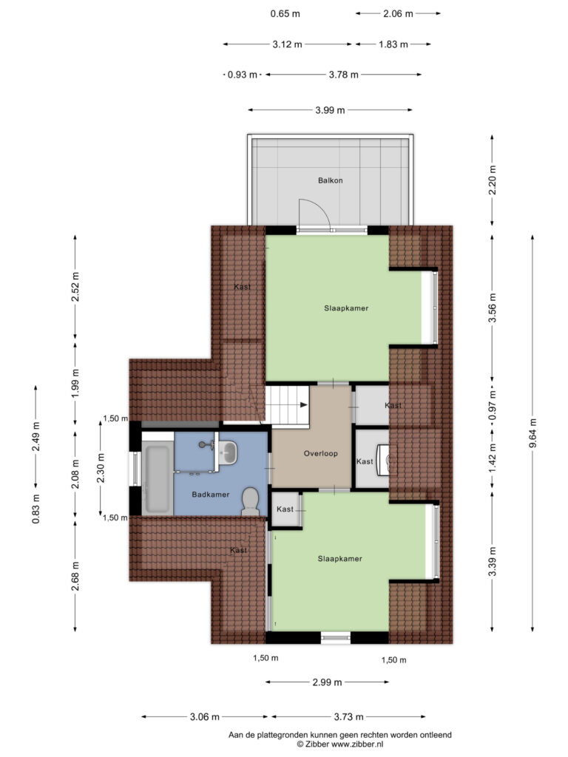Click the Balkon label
tap(331, 180)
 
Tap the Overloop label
tap(321, 453)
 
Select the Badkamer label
tap(211, 495)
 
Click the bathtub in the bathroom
tap(157, 478)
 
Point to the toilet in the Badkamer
tap(250, 500)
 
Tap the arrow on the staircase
tap(303, 404)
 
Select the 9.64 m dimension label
tap(532, 433)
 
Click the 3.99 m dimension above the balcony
tap(330, 110)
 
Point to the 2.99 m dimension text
tap(327, 682)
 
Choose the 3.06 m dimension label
tap(205, 717)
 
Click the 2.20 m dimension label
tap(492, 180)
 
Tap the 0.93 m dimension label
tap(243, 75)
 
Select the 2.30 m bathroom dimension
tap(101, 468)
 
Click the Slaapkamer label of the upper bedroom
tap(346, 308)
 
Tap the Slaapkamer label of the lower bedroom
tap(340, 559)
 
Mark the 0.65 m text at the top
tap(285, 13)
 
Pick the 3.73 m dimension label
tap(349, 717)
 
